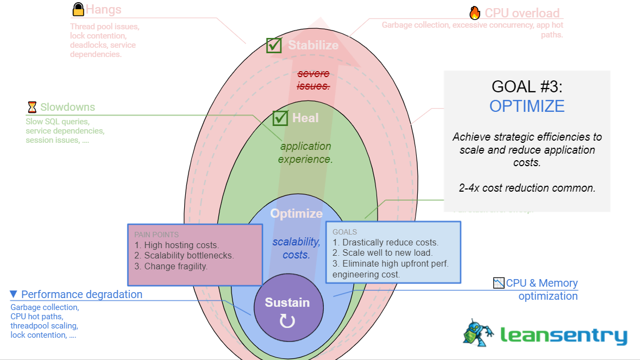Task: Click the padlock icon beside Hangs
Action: [x=78, y=10]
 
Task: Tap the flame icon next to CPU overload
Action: [x=475, y=13]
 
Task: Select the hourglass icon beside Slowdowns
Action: [x=32, y=107]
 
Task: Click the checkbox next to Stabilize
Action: [x=274, y=46]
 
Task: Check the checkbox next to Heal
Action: [x=280, y=118]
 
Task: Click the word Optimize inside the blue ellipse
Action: [x=296, y=213]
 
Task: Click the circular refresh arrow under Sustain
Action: [x=287, y=321]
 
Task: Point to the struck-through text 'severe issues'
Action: [x=313, y=80]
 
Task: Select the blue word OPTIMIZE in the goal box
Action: [x=526, y=106]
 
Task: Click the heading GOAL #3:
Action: [x=526, y=86]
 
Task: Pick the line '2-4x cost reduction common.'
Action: [x=526, y=188]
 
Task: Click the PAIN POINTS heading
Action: [x=156, y=235]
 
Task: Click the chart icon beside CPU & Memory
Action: [x=499, y=283]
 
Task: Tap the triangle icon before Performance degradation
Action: [x=14, y=294]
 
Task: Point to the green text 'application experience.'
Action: [x=305, y=153]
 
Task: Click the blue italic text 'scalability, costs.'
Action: [x=296, y=248]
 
